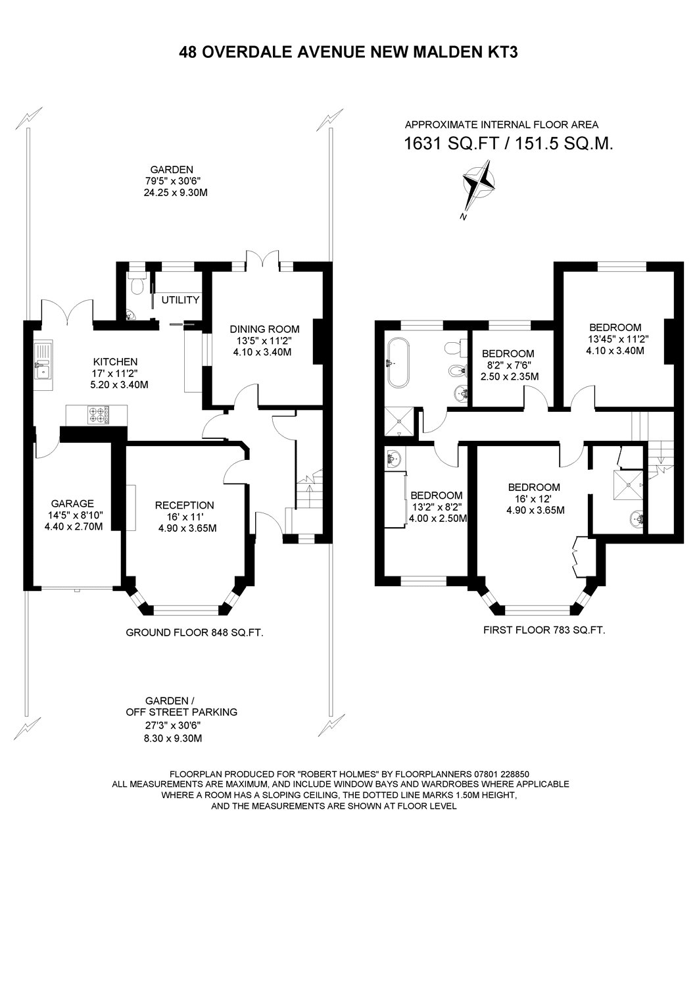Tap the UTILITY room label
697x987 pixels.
[180, 300]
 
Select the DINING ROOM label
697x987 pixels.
[264, 329]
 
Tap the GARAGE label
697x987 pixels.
[72, 503]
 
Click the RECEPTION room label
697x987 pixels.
[185, 505]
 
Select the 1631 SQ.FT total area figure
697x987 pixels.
[452, 144]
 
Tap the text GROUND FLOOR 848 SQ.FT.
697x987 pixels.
[195, 633]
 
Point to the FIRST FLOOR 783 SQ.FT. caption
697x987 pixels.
[544, 630]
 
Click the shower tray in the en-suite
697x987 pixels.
[630, 485]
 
